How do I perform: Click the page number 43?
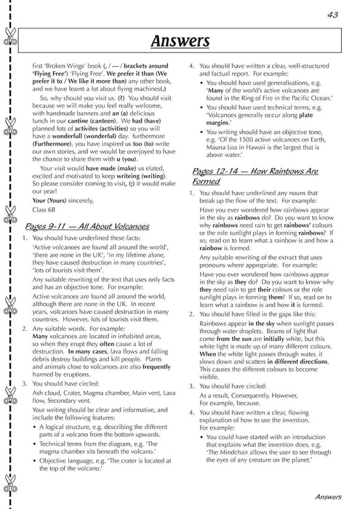click(334, 13)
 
